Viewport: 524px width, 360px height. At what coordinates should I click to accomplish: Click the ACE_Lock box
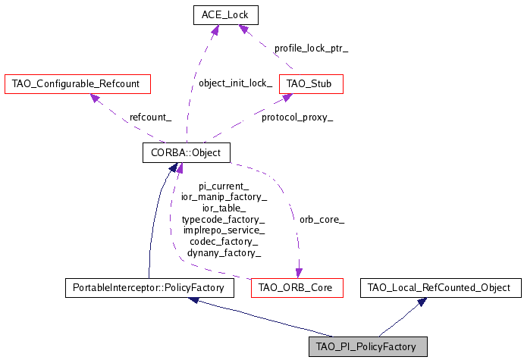[224, 14]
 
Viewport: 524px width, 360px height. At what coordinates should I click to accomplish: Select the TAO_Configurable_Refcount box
[76, 83]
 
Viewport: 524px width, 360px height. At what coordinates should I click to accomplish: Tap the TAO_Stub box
[311, 83]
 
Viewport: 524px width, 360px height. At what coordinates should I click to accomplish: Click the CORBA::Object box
[186, 153]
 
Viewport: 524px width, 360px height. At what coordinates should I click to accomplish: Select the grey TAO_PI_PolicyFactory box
[368, 347]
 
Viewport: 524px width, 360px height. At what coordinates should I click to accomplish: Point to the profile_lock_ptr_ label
[311, 48]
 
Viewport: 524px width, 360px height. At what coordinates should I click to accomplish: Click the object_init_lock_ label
[235, 83]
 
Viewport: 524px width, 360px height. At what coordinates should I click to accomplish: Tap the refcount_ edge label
[150, 117]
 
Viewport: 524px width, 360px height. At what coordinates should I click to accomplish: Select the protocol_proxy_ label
[297, 117]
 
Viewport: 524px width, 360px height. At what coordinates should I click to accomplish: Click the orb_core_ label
[322, 220]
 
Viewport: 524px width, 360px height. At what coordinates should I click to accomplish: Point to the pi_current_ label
[224, 186]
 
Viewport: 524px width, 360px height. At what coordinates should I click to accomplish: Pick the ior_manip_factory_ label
[224, 197]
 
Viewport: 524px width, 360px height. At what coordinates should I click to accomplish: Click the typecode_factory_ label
[224, 219]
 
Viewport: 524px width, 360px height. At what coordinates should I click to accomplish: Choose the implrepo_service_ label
[224, 230]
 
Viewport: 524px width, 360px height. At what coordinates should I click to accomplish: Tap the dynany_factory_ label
[224, 252]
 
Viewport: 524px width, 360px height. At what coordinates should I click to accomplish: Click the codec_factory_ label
[224, 241]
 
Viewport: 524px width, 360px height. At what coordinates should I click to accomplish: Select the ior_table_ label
[224, 208]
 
